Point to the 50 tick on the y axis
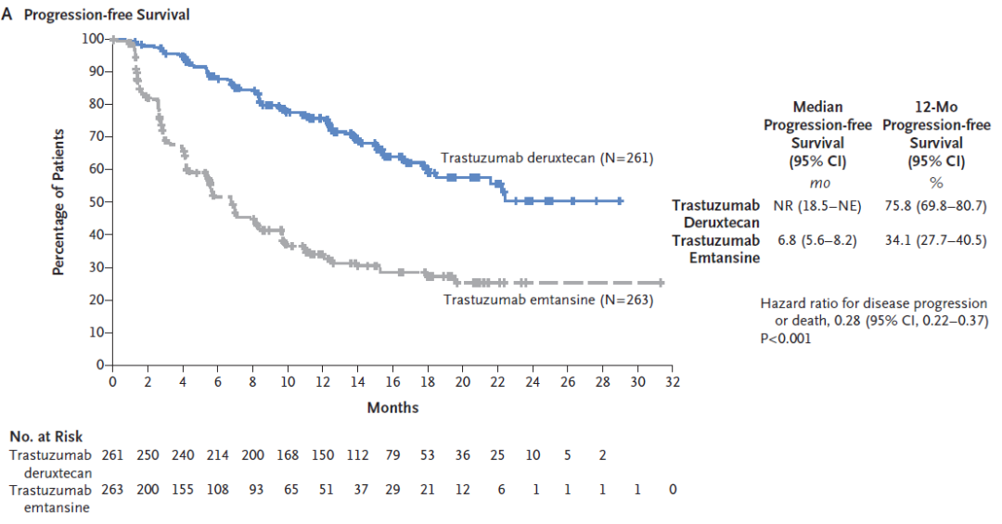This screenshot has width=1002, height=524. (x=95, y=202)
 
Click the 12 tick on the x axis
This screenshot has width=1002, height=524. (x=323, y=381)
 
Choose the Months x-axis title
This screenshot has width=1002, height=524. (x=392, y=407)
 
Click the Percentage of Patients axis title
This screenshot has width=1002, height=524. (x=58, y=202)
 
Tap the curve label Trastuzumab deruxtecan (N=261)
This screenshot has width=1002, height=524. (x=546, y=159)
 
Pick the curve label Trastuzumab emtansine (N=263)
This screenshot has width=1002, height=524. (x=548, y=300)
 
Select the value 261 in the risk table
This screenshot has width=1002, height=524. (x=112, y=454)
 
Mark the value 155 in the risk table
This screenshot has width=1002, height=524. (x=183, y=490)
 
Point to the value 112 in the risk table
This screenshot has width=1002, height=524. (x=358, y=454)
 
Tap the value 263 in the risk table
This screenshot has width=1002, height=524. (x=112, y=490)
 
